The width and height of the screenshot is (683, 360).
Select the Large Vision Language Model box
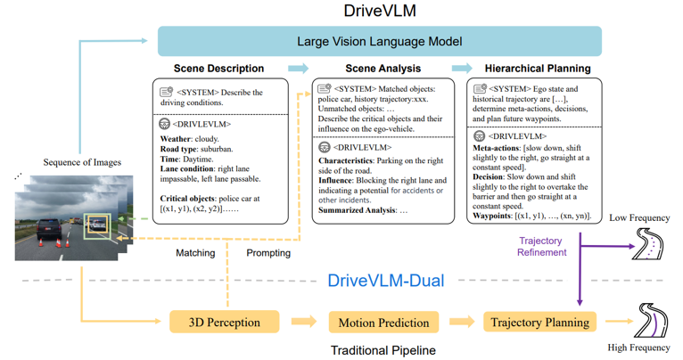[379, 42]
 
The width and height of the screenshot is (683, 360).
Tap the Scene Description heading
[218, 69]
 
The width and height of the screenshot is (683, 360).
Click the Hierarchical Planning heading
[537, 69]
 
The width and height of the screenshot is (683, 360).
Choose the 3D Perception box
[225, 322]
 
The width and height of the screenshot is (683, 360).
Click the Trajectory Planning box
[540, 322]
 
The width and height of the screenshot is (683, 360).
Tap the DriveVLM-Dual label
[385, 280]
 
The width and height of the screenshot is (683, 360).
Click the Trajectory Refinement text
[541, 246]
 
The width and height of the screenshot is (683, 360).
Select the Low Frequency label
[641, 218]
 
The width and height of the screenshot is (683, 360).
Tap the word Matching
[195, 253]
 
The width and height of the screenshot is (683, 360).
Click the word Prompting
[268, 253]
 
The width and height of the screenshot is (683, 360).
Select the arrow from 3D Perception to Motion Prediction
[304, 322]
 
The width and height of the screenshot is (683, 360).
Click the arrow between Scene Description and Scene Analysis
[298, 69]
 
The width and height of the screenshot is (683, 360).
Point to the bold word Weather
[177, 140]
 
